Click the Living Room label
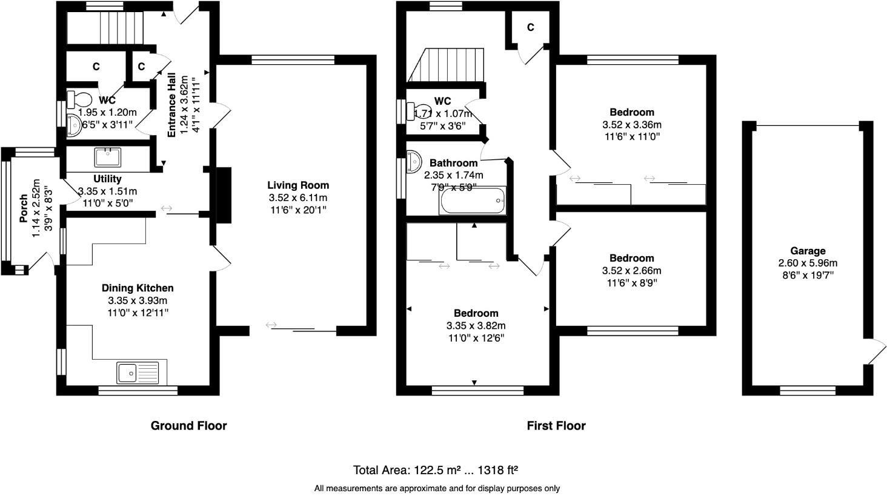pos(298,185)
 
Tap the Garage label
pos(807,251)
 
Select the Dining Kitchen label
pos(138,288)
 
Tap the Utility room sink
pos(108,157)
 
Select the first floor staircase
pos(448,65)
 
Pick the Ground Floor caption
pos(188,426)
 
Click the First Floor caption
pos(556,426)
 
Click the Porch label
pos(24,208)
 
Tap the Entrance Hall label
pos(172,105)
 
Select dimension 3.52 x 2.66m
pos(631,271)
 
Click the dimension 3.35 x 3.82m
pos(476,326)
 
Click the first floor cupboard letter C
pos(530,27)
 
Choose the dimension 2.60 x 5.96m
pos(807,263)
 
